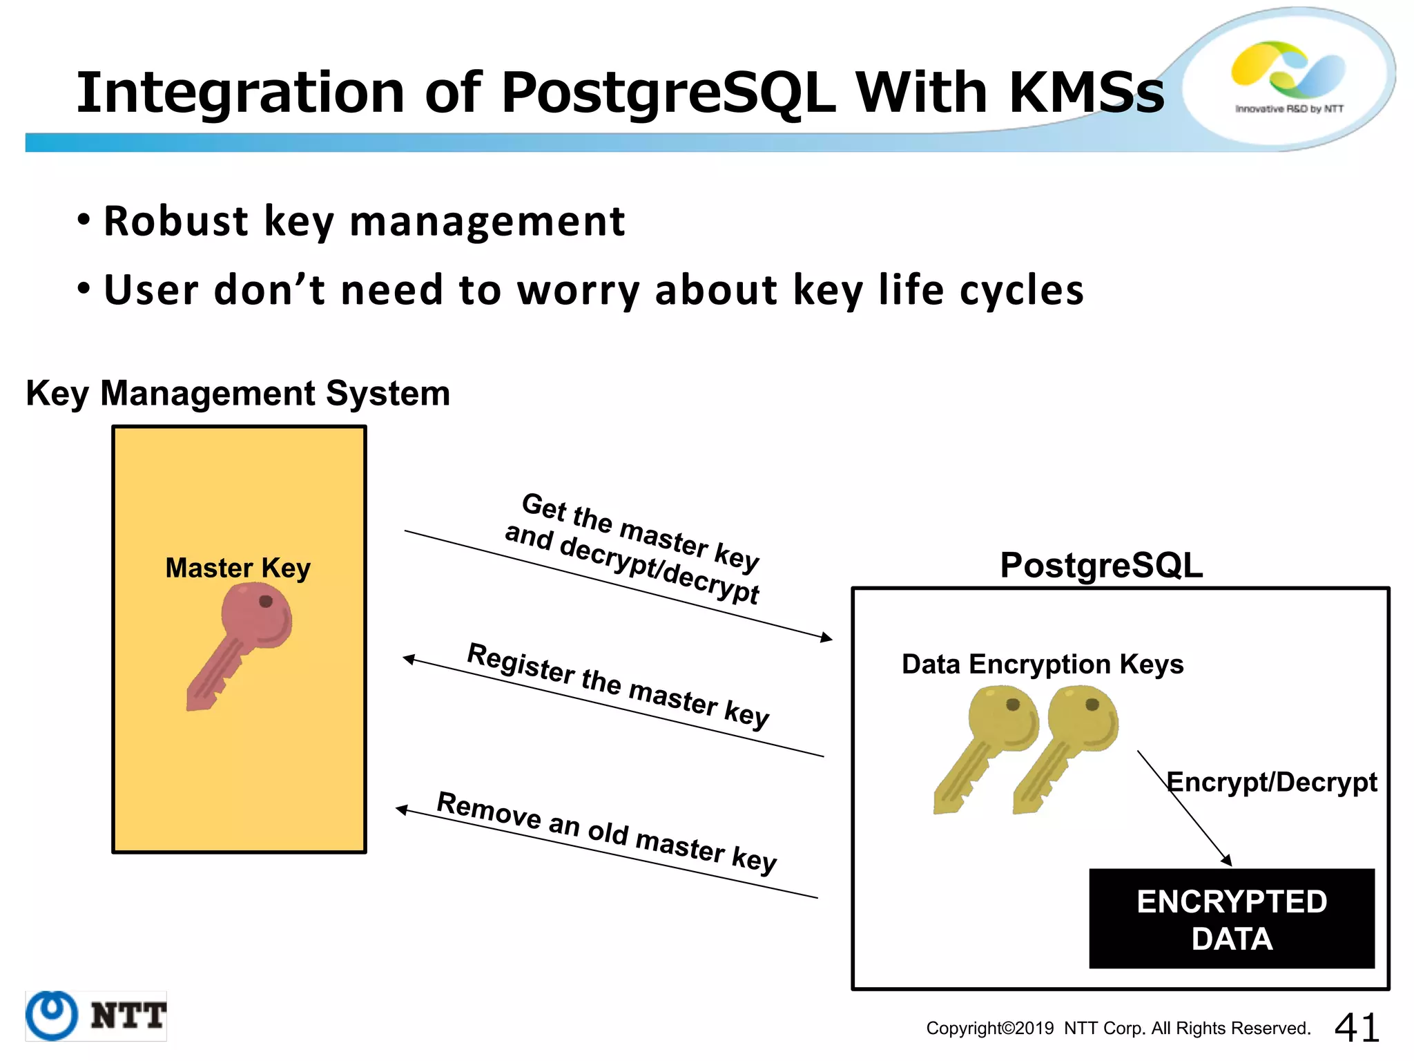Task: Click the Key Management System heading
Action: coord(238,394)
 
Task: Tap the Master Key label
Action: coord(238,568)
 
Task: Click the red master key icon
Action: coord(242,642)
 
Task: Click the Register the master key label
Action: coord(618,686)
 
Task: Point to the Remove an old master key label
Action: coord(607,832)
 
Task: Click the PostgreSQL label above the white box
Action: coord(1101,565)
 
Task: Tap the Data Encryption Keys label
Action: coord(1042,664)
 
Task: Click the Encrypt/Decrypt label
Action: coord(1271,782)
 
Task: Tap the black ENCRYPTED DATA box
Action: coord(1231,919)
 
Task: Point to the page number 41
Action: coord(1356,1027)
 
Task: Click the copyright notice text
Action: coord(1118,1028)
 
